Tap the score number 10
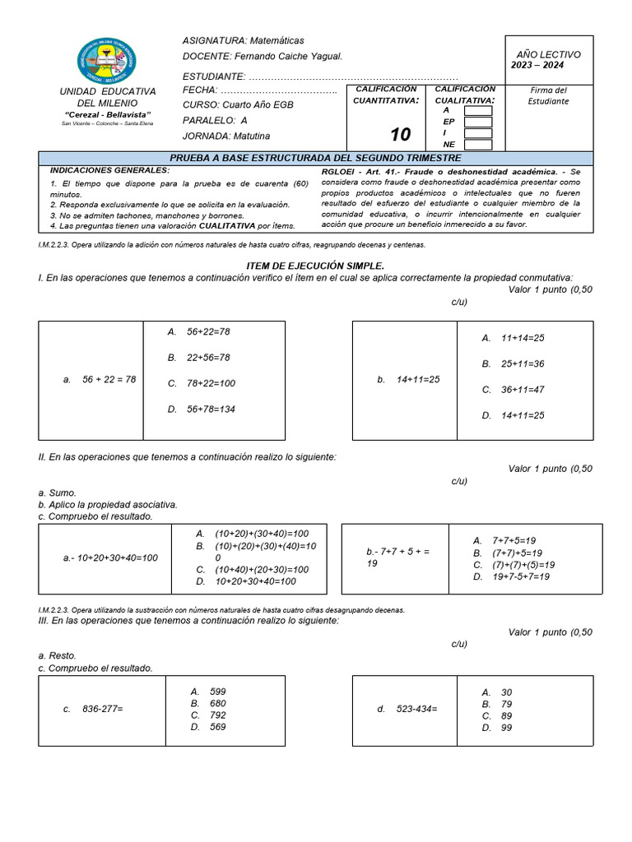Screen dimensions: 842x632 pos(400,136)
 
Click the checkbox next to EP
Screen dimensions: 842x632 pos(478,122)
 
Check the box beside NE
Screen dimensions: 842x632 pos(478,145)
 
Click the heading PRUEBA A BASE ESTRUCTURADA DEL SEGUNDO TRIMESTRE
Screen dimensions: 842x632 pos(315,158)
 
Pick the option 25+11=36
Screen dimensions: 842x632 pos(523,363)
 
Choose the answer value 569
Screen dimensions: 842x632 pos(217,727)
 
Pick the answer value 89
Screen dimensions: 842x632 pos(506,715)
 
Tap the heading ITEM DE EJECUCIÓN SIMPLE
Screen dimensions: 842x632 pos(315,266)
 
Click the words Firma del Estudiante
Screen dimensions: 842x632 pos(548,95)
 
